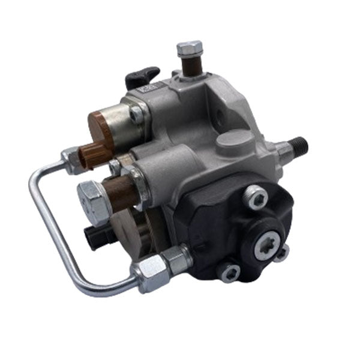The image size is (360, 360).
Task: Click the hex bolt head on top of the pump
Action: pyautogui.click(x=190, y=47)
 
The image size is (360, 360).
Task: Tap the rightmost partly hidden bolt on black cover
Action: pyautogui.click(x=283, y=253)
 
